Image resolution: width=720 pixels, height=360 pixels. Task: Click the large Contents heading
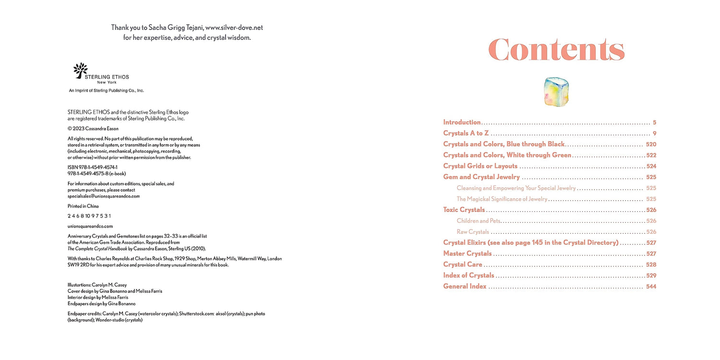556,49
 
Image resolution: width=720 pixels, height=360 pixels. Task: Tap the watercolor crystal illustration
556,91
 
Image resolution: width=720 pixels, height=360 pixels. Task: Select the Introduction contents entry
462,122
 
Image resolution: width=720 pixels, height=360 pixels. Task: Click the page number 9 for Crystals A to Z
654,133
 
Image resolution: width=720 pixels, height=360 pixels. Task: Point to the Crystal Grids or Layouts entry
480,166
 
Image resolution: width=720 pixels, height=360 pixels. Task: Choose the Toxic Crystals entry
464,210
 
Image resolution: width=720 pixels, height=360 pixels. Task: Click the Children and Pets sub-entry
479,221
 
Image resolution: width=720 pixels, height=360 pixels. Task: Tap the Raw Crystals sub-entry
472,232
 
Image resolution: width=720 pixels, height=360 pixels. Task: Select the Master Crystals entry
467,253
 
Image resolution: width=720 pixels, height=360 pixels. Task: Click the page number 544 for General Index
651,287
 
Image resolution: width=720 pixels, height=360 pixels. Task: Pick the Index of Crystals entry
468,276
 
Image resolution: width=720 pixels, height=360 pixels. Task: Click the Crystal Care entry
463,264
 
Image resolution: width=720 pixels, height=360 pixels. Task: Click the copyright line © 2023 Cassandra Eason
93,129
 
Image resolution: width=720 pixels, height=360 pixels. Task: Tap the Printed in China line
83,206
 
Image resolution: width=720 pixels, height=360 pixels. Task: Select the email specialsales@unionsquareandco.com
104,196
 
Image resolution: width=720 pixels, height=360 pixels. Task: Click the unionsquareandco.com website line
90,226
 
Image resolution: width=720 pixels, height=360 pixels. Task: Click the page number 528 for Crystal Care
651,264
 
